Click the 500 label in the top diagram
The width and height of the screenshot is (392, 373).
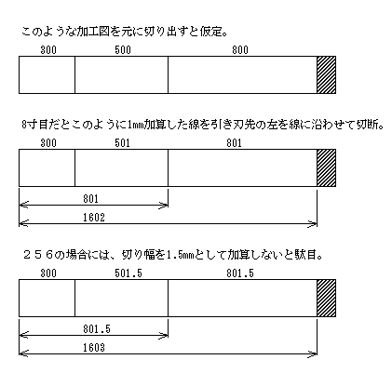123,50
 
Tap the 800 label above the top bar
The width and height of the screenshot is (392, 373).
240,50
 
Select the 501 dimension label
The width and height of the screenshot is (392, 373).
122,143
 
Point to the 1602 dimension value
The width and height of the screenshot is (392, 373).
94,218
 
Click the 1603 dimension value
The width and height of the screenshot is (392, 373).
94,348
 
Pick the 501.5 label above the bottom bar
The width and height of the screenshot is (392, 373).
128,273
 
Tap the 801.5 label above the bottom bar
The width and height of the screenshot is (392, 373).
240,273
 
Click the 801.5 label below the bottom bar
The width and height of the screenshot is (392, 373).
97,329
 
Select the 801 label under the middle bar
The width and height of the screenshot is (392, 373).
90,199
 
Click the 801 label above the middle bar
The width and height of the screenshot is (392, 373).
234,143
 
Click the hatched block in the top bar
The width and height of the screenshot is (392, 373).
326,74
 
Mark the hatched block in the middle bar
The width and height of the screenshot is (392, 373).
326,167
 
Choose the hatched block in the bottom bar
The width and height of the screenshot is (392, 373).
326,298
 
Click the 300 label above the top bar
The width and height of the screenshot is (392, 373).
48,50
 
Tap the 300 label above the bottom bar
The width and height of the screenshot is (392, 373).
48,273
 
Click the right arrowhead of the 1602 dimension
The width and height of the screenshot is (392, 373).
313,223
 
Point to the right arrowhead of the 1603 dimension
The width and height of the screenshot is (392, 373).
313,353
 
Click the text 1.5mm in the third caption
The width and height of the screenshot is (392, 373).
180,256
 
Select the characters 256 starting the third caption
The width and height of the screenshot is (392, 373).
38,256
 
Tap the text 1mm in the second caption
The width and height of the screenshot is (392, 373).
135,126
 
